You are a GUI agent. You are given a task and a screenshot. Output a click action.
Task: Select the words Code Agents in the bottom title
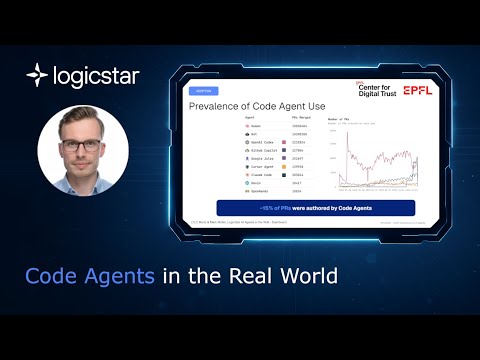(90, 273)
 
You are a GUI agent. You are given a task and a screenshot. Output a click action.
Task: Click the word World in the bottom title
(308, 273)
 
